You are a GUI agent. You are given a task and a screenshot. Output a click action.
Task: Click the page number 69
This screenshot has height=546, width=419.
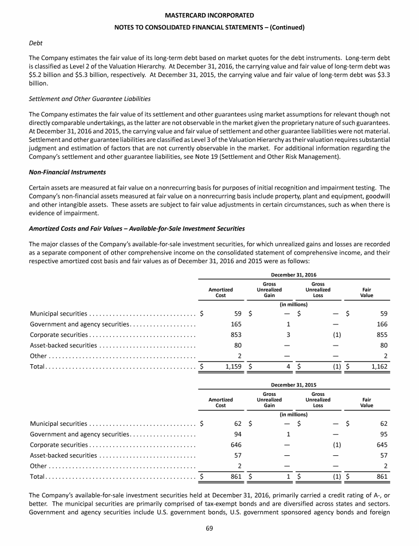[209, 529]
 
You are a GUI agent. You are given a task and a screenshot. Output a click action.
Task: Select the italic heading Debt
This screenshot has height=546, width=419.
[36, 41]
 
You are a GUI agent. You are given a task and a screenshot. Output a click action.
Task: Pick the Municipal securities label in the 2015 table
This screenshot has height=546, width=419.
[58, 422]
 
